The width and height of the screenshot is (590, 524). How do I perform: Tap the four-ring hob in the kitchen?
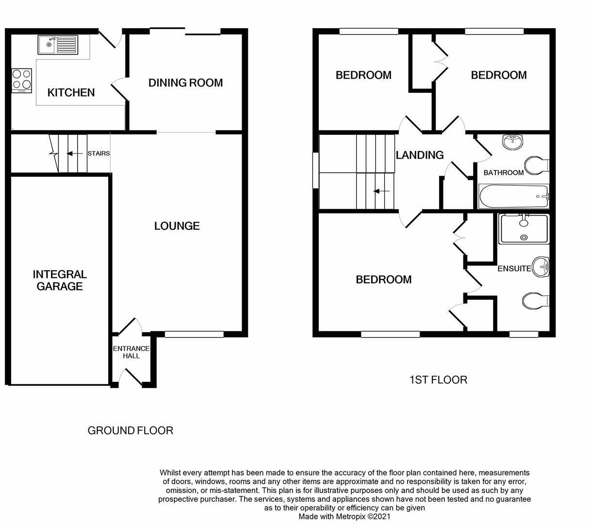pos(22,80)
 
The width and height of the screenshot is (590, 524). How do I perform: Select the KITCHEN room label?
pos(71,92)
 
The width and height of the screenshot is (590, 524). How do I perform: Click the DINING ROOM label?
pos(185,82)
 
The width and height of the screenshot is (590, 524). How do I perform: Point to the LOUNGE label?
pos(177,226)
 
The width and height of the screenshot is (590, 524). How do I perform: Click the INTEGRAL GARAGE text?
pos(60,280)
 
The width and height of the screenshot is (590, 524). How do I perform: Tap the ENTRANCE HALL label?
pos(131,352)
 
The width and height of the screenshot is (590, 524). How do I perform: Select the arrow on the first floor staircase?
pos(381,191)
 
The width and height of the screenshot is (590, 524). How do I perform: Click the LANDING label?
pos(420,155)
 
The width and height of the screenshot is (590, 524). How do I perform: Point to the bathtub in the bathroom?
pos(513,196)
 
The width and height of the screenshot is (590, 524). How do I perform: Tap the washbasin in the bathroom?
pos(513,141)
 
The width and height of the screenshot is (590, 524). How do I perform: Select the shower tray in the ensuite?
pos(524,229)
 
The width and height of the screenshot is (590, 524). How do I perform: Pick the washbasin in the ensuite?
pos(541,267)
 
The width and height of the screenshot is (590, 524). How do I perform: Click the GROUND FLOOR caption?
pos(130,430)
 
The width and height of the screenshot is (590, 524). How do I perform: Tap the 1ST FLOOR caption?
pos(438,379)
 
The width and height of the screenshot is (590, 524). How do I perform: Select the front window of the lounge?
pos(194,334)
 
